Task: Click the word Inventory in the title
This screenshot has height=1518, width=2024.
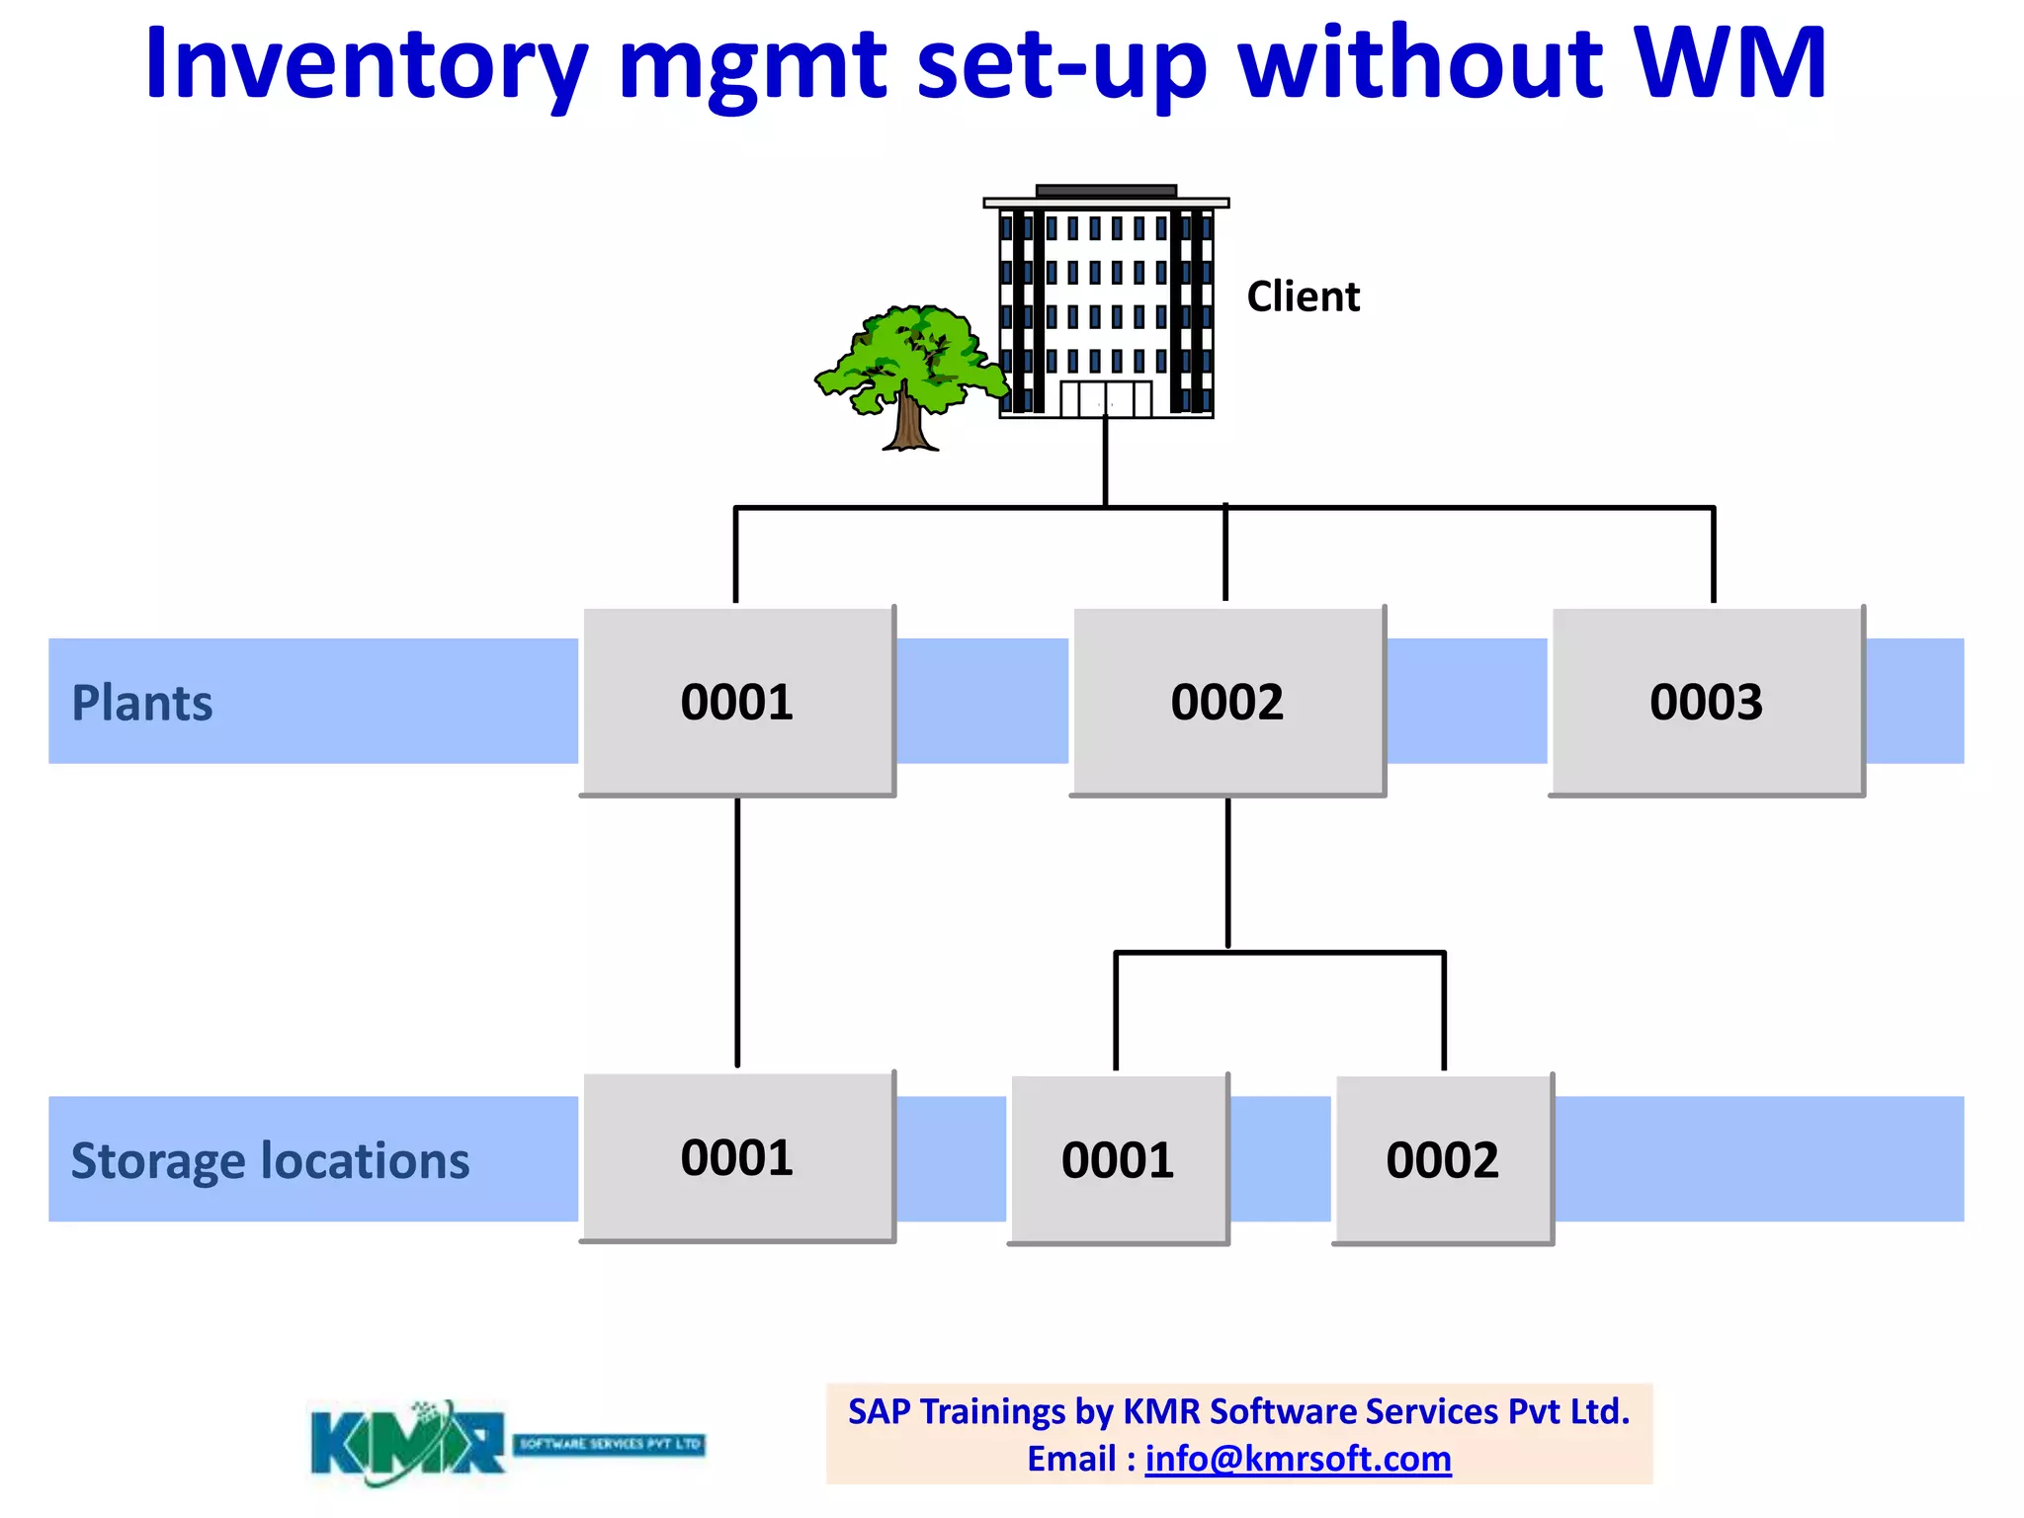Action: [x=366, y=65]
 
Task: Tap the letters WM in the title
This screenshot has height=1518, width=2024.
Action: [x=1729, y=63]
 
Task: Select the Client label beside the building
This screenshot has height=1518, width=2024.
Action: [x=1303, y=296]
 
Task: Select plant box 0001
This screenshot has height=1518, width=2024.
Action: [x=737, y=702]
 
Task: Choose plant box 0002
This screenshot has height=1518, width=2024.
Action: [x=1227, y=702]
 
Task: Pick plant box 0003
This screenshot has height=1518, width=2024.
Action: [x=1707, y=702]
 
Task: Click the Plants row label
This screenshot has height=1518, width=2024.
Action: [x=142, y=704]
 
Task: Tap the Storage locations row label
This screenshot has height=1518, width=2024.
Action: [x=270, y=1160]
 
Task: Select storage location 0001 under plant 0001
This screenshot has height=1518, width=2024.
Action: [x=737, y=1157]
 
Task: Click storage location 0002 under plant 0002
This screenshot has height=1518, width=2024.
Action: [x=1443, y=1159]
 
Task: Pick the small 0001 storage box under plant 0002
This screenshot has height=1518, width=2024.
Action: [x=1118, y=1159]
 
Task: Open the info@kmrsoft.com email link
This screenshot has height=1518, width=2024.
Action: [x=1298, y=1459]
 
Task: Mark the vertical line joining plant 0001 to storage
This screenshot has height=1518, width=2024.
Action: [x=737, y=934]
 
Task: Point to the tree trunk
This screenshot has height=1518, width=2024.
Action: [x=907, y=420]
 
